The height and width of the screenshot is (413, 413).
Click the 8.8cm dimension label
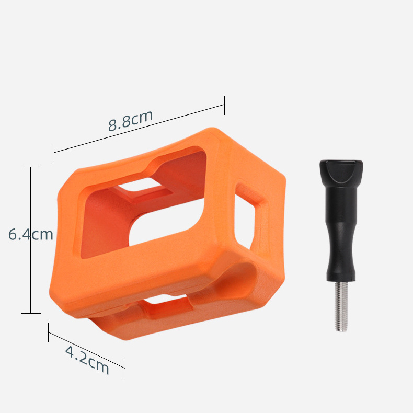tap(130, 120)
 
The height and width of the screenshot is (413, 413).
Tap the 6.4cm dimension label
tap(31, 234)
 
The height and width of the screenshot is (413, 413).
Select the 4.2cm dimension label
tap(87, 360)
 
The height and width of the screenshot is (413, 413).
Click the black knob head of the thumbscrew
tap(341, 171)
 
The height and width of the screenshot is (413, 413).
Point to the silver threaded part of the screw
tap(341, 306)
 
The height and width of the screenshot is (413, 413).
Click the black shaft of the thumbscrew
tap(341, 232)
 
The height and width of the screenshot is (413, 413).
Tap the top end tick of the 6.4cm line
tap(31, 167)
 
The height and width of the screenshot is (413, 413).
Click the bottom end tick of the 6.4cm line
tap(31, 314)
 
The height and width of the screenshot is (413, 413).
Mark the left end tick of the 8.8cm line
tap(54, 153)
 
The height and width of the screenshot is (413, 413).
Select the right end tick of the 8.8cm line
tap(224, 106)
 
